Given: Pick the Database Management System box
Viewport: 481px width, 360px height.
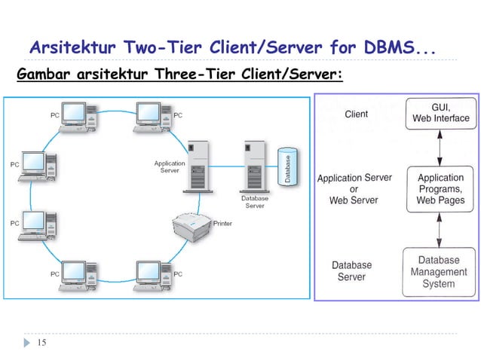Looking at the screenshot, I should click(439, 272).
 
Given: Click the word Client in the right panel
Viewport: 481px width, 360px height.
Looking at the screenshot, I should click(356, 114).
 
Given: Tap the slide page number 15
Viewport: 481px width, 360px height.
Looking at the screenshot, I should click(41, 343).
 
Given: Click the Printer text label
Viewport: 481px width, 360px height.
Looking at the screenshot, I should click(222, 224).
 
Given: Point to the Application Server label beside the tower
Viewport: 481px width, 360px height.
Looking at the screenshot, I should click(170, 167).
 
